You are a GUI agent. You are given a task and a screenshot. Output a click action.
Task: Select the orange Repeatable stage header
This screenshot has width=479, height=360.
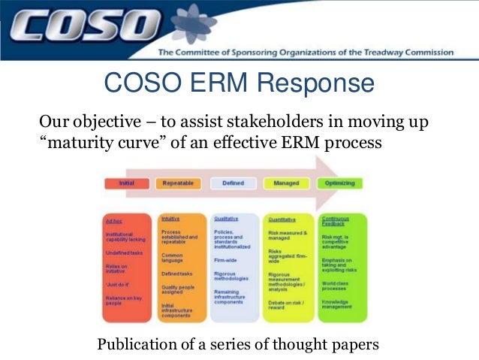pos(181,183)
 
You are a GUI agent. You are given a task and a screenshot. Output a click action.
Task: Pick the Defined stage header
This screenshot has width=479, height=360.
pos(233,183)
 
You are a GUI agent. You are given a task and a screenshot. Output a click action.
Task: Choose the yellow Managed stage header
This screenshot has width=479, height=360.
pos(286,183)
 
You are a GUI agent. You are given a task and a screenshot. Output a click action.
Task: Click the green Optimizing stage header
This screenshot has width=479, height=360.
pos(339,183)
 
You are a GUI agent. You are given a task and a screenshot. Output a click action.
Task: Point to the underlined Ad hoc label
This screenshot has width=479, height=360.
pos(113,220)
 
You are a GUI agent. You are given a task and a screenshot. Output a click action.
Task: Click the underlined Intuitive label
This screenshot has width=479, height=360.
pos(170,219)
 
